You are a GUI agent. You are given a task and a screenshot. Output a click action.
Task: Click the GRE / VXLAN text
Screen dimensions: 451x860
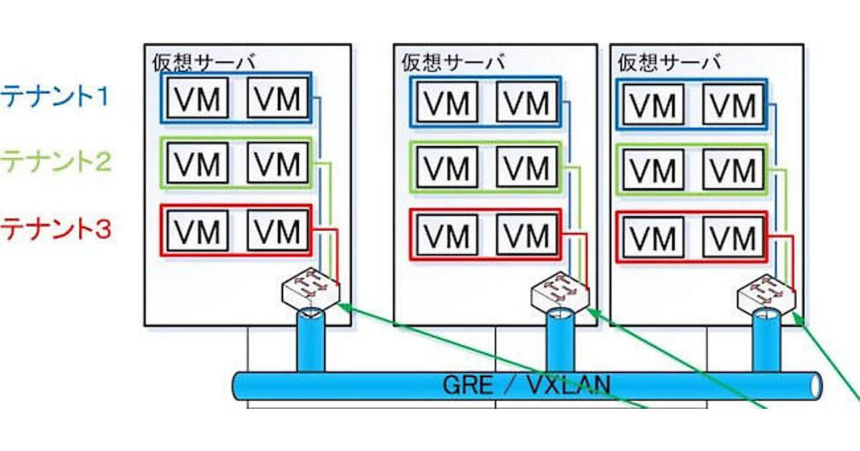coord(527,385)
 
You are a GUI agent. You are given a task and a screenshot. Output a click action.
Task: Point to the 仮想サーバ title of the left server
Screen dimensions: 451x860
coord(204,62)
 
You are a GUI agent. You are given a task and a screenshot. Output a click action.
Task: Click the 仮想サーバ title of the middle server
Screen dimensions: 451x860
coord(453,62)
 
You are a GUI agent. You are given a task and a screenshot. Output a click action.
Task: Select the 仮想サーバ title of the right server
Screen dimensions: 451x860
coord(669,62)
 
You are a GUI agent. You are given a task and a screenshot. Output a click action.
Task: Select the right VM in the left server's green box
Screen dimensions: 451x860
coord(279,165)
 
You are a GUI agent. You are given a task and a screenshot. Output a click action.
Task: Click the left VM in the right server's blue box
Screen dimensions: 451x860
coord(654,105)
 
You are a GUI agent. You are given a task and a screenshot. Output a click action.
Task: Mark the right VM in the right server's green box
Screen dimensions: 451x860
coord(733,170)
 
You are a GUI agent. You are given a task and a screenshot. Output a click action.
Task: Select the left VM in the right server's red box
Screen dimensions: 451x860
coord(654,237)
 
